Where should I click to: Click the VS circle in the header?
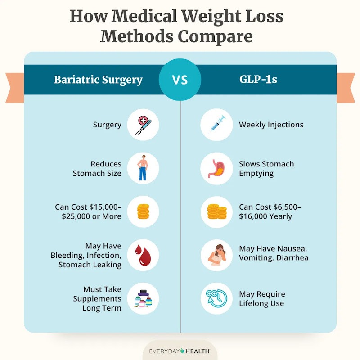click(x=180, y=80)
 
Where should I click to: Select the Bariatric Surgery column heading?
click(x=98, y=80)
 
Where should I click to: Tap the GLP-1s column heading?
click(x=258, y=80)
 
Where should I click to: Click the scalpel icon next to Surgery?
click(x=144, y=125)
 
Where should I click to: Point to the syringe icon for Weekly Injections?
click(x=216, y=125)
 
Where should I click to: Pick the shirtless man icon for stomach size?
click(x=144, y=168)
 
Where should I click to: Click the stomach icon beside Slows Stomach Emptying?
click(x=216, y=168)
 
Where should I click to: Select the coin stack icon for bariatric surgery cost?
click(x=144, y=211)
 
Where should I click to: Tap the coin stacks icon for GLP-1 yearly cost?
click(x=216, y=211)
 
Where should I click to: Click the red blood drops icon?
click(x=144, y=255)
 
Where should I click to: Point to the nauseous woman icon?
click(x=216, y=255)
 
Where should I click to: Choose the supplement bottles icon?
click(x=144, y=298)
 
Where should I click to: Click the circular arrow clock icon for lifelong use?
click(x=216, y=298)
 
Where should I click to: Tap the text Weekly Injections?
click(x=271, y=125)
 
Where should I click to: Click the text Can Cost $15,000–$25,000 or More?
click(x=88, y=211)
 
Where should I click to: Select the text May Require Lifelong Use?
click(x=262, y=298)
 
